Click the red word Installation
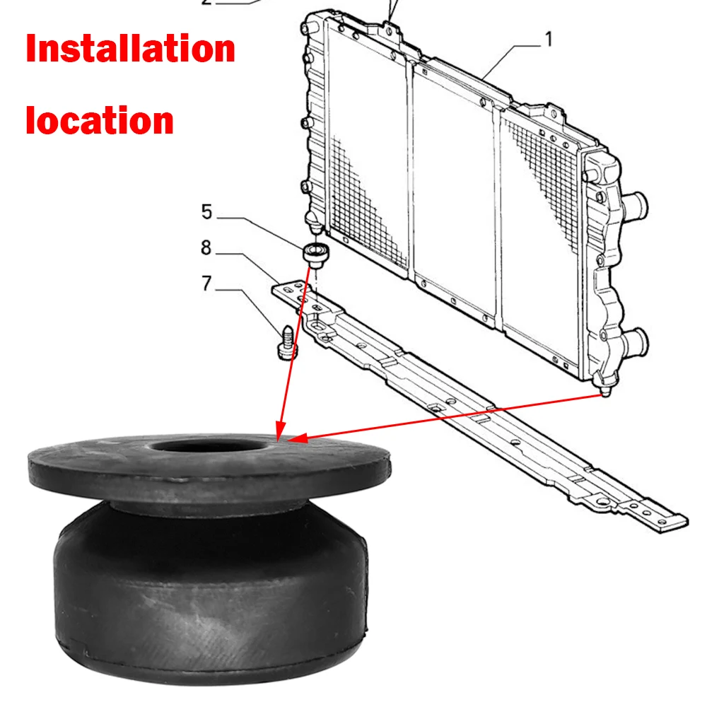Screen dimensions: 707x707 (130, 49)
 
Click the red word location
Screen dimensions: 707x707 (100, 120)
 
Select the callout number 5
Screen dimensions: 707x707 (206, 211)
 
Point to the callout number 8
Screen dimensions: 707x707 (206, 247)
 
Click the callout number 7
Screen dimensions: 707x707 (206, 284)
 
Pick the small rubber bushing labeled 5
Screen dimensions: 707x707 (315, 253)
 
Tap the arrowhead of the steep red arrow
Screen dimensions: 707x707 (279, 431)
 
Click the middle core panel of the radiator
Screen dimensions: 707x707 (452, 191)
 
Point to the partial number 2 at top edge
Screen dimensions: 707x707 (206, 3)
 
